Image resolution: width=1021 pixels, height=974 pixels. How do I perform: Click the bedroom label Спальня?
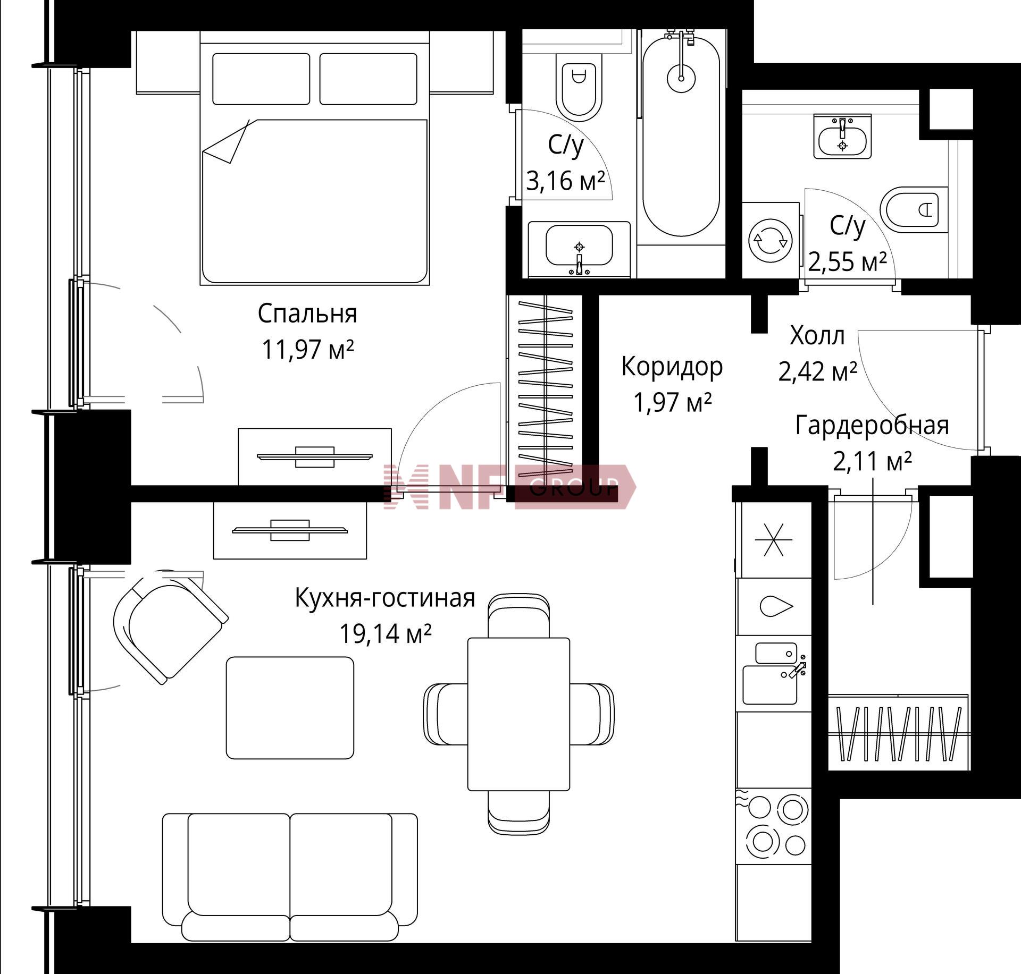point(307,314)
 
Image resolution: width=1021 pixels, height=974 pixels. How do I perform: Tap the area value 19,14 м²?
point(385,633)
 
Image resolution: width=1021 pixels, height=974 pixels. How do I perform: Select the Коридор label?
point(672,367)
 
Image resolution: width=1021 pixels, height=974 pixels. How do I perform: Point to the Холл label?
point(817,336)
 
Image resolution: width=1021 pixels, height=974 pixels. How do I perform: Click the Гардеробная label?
point(872,426)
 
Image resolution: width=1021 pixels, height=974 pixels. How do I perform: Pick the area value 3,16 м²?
point(566,181)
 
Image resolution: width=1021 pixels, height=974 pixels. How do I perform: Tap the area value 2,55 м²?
point(848,261)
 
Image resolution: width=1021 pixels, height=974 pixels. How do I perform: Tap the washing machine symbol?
point(771,240)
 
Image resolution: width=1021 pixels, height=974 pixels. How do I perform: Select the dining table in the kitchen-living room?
point(518,714)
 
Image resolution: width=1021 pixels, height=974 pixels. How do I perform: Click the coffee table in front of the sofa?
point(290,707)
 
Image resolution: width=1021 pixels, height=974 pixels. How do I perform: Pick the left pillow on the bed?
point(261,79)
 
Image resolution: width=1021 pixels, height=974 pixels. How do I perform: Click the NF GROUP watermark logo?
point(509,486)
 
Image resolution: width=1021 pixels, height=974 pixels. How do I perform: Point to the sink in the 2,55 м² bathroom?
point(842,136)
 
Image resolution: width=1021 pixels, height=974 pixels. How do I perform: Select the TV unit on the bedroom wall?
point(315,456)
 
